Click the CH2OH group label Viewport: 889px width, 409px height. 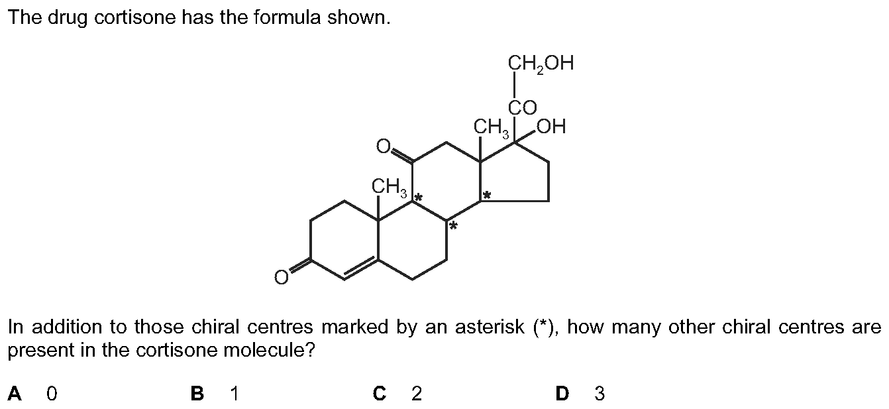pos(541,64)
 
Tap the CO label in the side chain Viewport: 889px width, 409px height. pos(523,107)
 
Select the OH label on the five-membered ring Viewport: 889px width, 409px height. pos(551,127)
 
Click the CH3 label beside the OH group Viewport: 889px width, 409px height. pos(492,128)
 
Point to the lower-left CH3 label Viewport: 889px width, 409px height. pos(390,187)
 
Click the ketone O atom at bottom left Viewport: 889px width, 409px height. pos(282,277)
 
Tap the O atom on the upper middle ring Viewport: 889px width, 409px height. pos(384,146)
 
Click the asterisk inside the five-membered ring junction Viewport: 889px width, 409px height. pos(487,195)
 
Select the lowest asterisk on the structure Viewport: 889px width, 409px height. pos(453,226)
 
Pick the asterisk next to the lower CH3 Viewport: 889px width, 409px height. pos(418,197)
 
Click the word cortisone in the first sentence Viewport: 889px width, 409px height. pos(134,17)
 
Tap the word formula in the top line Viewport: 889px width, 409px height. pos(287,17)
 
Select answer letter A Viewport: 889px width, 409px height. pos(15,394)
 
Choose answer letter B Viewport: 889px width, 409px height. pos(197,394)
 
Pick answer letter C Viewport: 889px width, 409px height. pos(380,394)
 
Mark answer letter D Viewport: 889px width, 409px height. pos(562,394)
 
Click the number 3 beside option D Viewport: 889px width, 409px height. pos(600,394)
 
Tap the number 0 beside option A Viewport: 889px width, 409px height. pos(52,394)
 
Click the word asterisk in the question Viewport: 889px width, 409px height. pos(490,327)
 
